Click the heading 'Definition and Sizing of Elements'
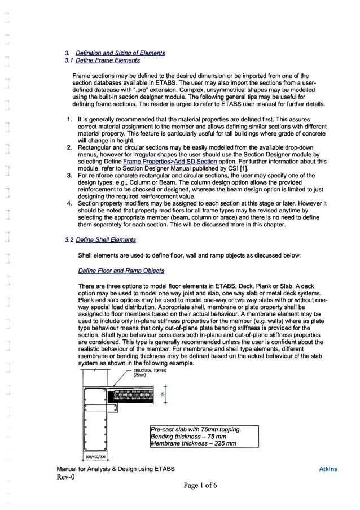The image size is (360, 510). [121, 53]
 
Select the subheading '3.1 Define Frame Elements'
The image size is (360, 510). [102, 60]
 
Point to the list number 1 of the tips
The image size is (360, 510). [68, 120]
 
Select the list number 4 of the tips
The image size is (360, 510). [68, 203]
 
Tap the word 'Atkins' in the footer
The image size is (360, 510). [328, 469]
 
